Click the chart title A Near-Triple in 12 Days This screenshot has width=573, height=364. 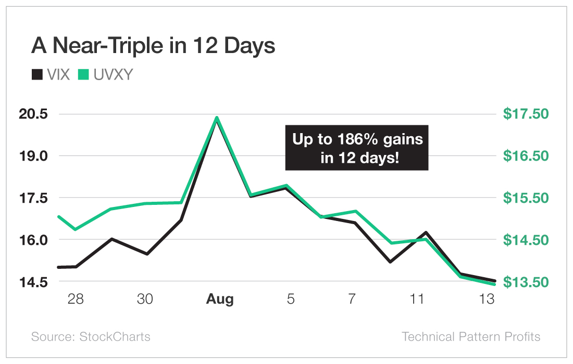click(153, 46)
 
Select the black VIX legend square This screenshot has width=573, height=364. click(37, 75)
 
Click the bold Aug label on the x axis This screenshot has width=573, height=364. click(220, 300)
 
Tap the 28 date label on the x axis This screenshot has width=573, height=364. click(75, 300)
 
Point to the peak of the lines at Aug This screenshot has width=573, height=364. click(217, 118)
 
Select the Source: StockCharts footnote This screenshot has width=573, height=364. click(91, 336)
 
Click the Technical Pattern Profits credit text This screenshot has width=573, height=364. click(471, 336)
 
